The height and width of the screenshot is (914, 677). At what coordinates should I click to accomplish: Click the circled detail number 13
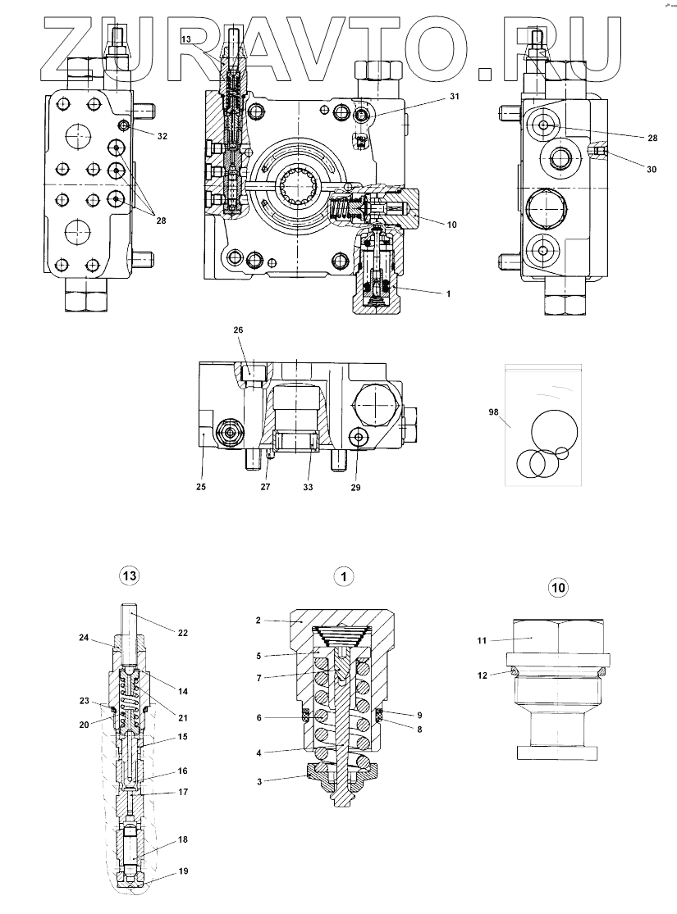[x=129, y=576]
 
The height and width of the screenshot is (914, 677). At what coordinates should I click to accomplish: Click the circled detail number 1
[x=345, y=576]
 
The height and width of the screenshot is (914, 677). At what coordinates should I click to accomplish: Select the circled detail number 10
[x=558, y=587]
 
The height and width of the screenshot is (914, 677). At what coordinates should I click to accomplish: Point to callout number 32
[x=162, y=136]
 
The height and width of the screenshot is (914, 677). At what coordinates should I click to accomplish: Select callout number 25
[x=201, y=486]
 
